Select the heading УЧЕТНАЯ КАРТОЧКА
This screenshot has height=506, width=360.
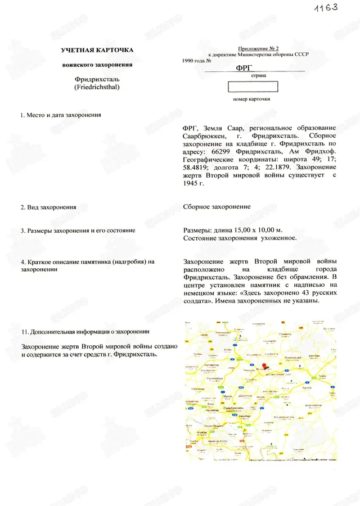coord(97,51)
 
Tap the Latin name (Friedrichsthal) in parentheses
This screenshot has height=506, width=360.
coord(97,88)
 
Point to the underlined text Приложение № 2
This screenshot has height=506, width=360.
coord(256,49)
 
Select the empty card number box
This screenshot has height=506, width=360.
coord(253,87)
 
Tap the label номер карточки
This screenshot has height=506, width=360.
coord(251,99)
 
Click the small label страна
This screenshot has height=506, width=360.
coord(251,75)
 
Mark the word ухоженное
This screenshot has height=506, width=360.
coord(278,238)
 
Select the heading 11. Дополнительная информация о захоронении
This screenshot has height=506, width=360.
coord(85,331)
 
